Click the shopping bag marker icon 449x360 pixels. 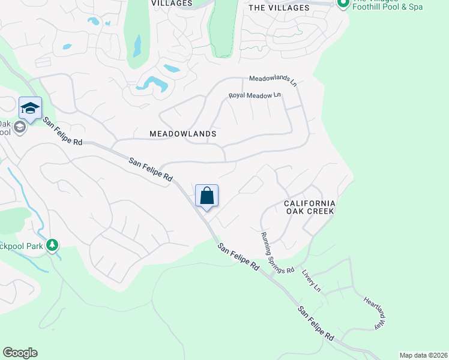pyautogui.click(x=206, y=196)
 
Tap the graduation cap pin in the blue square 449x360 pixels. pyautogui.click(x=30, y=108)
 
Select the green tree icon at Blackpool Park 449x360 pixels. pyautogui.click(x=53, y=245)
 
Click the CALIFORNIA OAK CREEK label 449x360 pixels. pyautogui.click(x=309, y=208)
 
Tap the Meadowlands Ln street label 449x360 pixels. pyautogui.click(x=273, y=79)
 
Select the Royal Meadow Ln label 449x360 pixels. pyautogui.click(x=255, y=95)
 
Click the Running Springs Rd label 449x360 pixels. pyautogui.click(x=277, y=253)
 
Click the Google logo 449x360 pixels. pyautogui.click(x=20, y=353)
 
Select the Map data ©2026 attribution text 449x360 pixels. pyautogui.click(x=423, y=355)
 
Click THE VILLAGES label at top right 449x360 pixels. pyautogui.click(x=279, y=8)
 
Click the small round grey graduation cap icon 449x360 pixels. pyautogui.click(x=19, y=127)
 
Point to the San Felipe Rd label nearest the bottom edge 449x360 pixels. pyautogui.click(x=315, y=324)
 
